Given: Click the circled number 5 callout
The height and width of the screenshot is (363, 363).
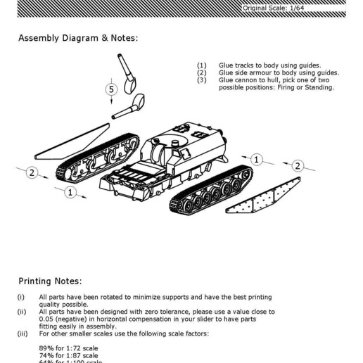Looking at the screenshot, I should (111, 89).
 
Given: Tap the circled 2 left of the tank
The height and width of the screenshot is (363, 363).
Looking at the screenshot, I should (32, 173).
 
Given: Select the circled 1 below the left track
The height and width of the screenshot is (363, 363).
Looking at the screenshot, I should (70, 192).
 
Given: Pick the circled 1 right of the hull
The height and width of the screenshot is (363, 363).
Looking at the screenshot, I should (257, 160).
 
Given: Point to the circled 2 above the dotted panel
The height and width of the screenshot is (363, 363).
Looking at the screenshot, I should (298, 166).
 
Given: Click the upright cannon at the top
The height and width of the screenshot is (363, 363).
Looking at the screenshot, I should (127, 75).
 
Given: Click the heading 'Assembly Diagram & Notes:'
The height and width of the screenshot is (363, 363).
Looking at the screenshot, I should (78, 38).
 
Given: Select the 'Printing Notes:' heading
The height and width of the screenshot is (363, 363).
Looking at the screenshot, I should (50, 281).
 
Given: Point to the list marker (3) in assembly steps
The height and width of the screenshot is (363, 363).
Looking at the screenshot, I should (202, 80).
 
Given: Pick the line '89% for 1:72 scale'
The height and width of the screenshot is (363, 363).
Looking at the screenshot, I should (68, 348).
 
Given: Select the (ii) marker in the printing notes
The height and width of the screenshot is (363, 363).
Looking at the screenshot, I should (21, 312).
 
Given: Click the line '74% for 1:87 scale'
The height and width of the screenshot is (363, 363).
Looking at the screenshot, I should (68, 356).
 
